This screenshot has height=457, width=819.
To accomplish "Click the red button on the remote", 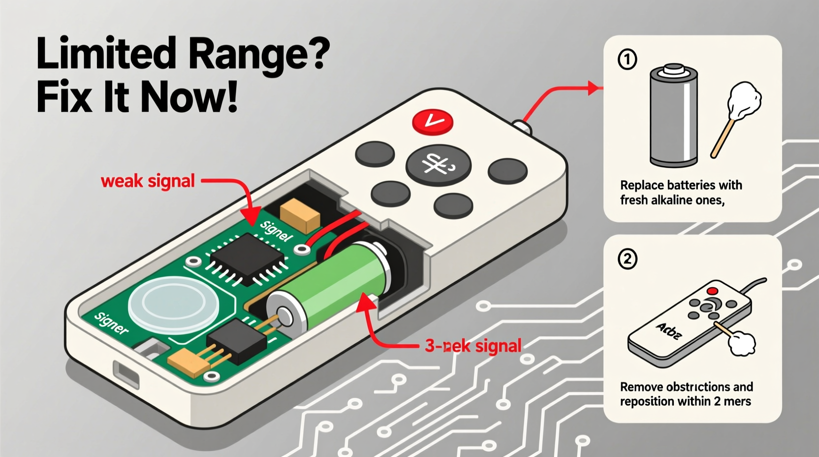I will pyautogui.click(x=432, y=121).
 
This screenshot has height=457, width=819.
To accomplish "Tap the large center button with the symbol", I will pyautogui.click(x=438, y=165).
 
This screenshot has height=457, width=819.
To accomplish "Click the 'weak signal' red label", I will pyautogui.click(x=148, y=181).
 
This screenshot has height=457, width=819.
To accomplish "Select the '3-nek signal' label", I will pyautogui.click(x=472, y=346).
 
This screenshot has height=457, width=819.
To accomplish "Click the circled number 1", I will pyautogui.click(x=627, y=60).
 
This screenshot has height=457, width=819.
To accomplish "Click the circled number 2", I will pyautogui.click(x=627, y=259).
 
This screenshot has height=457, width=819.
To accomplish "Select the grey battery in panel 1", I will pyautogui.click(x=673, y=116).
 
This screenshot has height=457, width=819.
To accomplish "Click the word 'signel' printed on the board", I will pyautogui.click(x=276, y=231).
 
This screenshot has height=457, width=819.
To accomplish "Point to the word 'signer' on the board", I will pyautogui.click(x=111, y=324).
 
